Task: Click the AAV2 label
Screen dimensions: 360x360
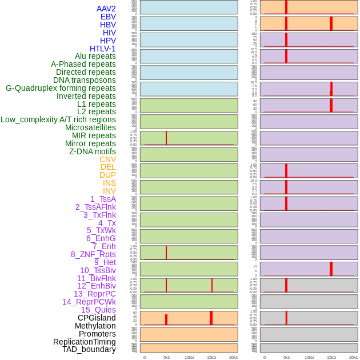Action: pos(106,9)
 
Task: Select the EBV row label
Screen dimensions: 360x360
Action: pos(108,17)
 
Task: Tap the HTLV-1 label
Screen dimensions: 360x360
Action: pos(102,49)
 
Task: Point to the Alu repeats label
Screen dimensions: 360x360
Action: pos(95,56)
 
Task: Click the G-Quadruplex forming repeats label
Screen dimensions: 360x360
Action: pos(61,88)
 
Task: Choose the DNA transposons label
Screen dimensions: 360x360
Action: pos(85,80)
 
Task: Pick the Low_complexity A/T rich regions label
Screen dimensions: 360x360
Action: pos(58,119)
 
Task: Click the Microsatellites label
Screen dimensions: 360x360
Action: pos(90,127)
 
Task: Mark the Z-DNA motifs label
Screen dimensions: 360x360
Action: pos(93,151)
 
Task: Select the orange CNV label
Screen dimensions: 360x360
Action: pos(107,159)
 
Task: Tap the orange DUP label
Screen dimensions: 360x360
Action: pos(107,175)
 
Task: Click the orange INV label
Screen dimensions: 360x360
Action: pos(109,191)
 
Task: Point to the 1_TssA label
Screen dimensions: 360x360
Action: pos(103,199)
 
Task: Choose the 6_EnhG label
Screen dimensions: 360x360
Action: pos(101,238)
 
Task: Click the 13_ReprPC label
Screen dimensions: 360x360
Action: pos(94,294)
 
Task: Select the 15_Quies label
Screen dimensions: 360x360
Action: pos(98,310)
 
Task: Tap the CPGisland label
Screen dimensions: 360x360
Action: pos(97,318)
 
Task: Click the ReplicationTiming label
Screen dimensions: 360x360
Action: pos(85,342)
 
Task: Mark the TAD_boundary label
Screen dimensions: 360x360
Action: pos(89,349)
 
